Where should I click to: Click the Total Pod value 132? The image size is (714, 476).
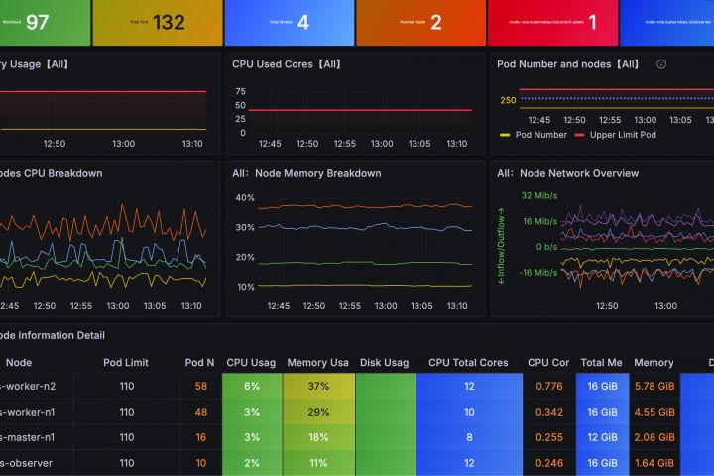[169, 22]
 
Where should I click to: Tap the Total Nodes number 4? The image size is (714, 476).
[303, 22]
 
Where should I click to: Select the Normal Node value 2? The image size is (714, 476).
[436, 22]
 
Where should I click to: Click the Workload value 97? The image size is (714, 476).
[37, 22]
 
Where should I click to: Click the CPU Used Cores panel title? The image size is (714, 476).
[287, 63]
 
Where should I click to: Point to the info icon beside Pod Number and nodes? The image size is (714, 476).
[661, 63]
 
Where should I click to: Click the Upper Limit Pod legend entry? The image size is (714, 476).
[623, 135]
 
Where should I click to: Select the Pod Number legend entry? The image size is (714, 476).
[540, 135]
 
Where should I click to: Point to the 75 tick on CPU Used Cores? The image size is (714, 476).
[240, 91]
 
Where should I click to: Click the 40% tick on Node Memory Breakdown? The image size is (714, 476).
[244, 198]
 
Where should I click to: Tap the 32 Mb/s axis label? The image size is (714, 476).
[539, 195]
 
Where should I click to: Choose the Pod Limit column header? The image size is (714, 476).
[126, 363]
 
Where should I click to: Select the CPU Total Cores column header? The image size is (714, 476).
[468, 363]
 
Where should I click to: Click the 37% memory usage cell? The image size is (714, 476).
[317, 386]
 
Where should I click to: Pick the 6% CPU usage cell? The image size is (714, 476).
[252, 386]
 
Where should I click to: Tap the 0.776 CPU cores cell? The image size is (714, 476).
[548, 386]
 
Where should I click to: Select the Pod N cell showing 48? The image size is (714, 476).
[201, 412]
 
